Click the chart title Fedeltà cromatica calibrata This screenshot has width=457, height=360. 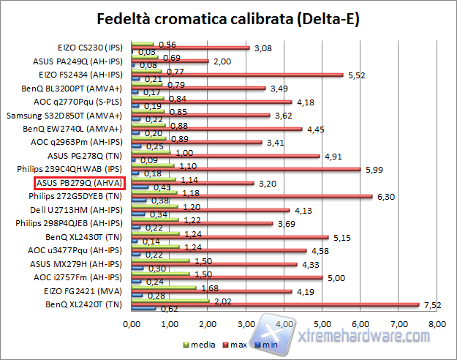coord(228,18)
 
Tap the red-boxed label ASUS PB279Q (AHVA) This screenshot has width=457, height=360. coord(80,183)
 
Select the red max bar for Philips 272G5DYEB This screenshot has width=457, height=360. coord(252,196)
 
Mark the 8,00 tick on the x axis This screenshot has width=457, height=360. coord(437,323)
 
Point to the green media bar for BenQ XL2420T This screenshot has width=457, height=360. coord(170,301)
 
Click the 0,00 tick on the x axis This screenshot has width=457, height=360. coord(132,323)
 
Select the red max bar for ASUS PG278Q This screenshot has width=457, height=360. coord(225,156)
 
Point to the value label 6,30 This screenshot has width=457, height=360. coord(385,196)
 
